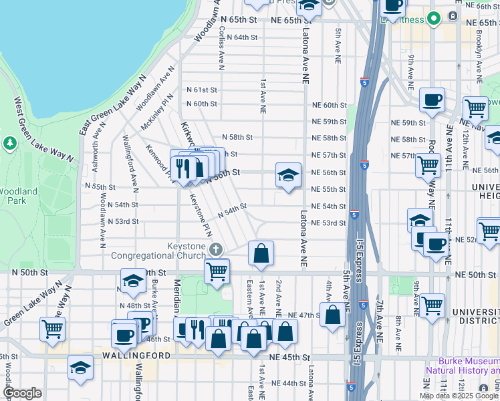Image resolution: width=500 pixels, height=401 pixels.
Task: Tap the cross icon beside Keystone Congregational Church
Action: [x=215, y=249]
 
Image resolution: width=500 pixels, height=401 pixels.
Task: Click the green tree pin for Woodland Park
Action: [x=10, y=142]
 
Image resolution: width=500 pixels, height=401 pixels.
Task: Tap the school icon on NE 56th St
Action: [x=287, y=176]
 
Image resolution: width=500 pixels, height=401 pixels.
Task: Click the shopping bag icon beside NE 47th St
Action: [x=332, y=314]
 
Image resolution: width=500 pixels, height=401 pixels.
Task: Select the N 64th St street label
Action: [x=242, y=37]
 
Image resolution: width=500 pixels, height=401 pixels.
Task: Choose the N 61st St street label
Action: [x=202, y=90]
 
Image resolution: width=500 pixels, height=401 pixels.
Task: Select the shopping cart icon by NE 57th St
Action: [x=428, y=164]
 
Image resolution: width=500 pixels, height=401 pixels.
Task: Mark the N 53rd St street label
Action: [x=122, y=221]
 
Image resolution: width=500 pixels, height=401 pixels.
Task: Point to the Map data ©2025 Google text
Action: [x=459, y=396]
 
